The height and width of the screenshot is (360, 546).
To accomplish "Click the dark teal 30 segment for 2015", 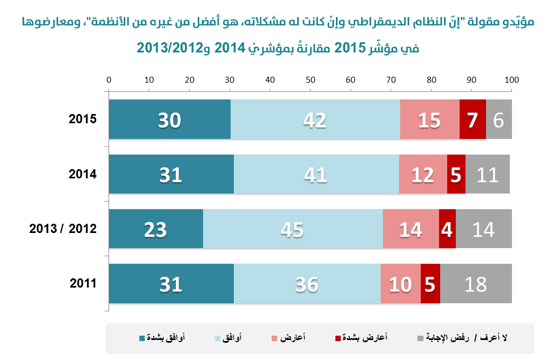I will (x=170, y=119).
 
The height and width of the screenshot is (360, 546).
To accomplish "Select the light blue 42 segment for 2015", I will (x=315, y=119).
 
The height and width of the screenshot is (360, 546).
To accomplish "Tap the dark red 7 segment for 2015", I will (x=473, y=119).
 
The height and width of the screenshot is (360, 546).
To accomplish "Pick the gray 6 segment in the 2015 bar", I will (x=498, y=119).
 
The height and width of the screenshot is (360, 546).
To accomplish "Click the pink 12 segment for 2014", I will (x=423, y=174).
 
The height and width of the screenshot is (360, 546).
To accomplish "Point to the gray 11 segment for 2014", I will (x=487, y=174).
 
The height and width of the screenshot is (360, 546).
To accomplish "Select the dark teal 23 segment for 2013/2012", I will (x=156, y=229).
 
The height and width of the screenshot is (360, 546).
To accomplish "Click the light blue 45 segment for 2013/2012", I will (x=292, y=229).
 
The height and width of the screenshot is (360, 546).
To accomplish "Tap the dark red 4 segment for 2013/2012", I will (x=447, y=229).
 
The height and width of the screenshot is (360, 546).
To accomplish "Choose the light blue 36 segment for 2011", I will (x=307, y=284).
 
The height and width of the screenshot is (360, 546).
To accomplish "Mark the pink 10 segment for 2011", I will (x=400, y=284).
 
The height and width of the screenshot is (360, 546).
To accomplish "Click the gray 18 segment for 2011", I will (x=476, y=284).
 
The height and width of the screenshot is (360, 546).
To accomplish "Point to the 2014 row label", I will (x=83, y=174).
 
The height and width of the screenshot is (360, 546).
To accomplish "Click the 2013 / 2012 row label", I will (x=63, y=229).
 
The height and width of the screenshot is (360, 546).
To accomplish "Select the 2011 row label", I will (x=83, y=284).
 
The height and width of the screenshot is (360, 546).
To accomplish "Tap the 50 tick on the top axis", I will (x=310, y=80).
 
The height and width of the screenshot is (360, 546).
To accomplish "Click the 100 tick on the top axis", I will (x=511, y=80).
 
